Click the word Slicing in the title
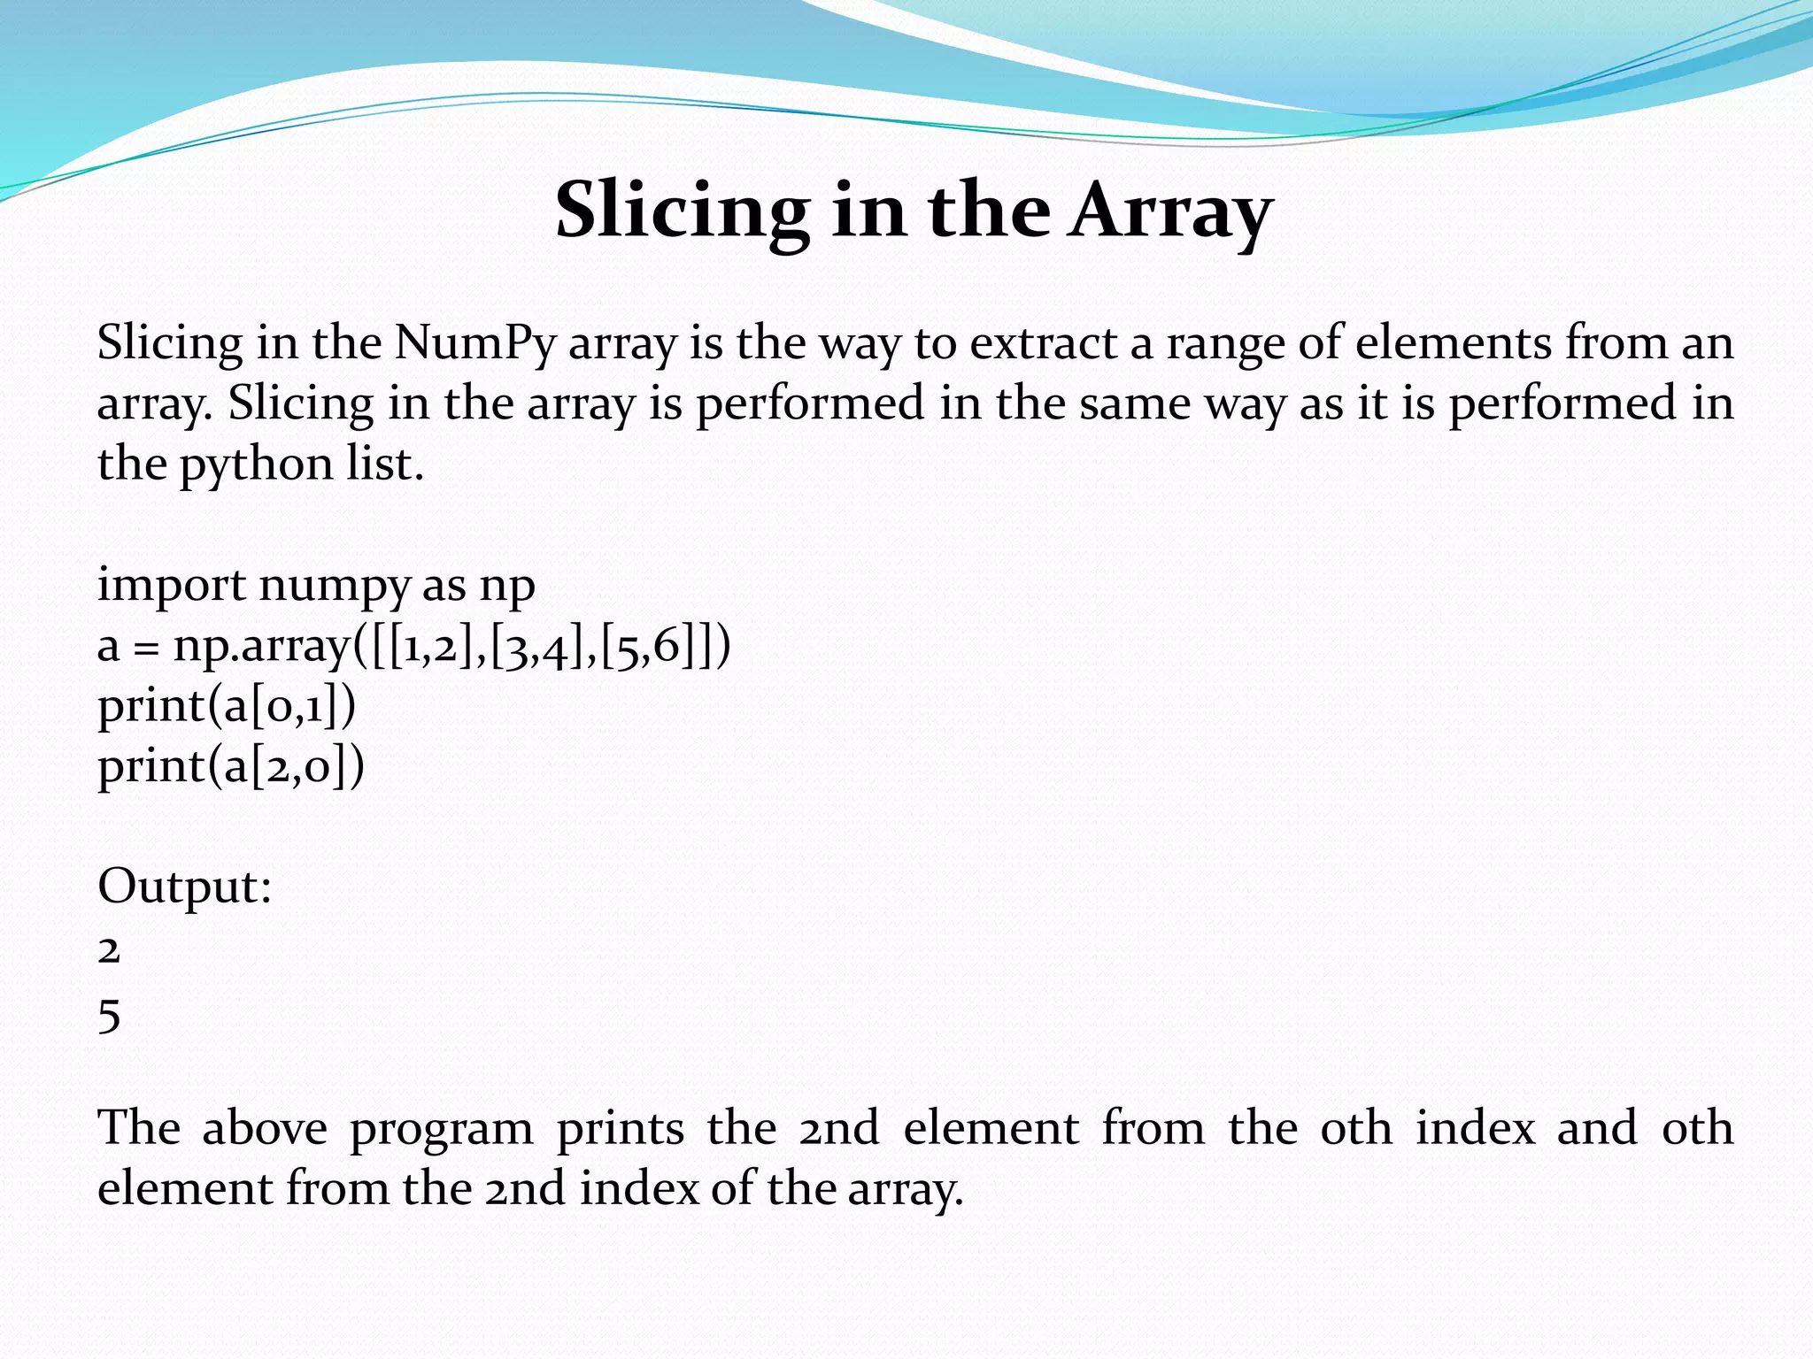682,211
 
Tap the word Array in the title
1169,211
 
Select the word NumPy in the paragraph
474,342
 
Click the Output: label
184,887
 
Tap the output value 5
109,1015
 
